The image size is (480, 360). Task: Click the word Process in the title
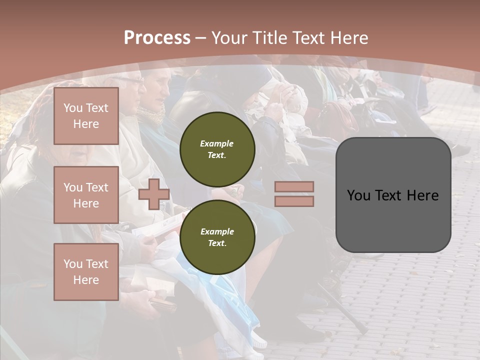(x=157, y=38)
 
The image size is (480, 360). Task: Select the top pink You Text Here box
(x=86, y=116)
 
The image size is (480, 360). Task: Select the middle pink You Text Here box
(x=86, y=195)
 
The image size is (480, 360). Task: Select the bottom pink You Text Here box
(x=86, y=271)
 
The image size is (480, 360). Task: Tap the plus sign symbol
(x=154, y=194)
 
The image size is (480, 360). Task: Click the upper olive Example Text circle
(x=217, y=149)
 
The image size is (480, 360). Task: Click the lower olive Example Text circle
(x=217, y=237)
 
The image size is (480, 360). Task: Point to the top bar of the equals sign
(x=294, y=187)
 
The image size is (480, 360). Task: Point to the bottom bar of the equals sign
(x=294, y=201)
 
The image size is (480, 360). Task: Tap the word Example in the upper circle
(x=216, y=143)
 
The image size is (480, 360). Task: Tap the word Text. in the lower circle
(x=216, y=243)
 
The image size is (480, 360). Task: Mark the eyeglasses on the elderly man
(x=131, y=80)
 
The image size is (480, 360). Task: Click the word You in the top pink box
(x=72, y=108)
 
